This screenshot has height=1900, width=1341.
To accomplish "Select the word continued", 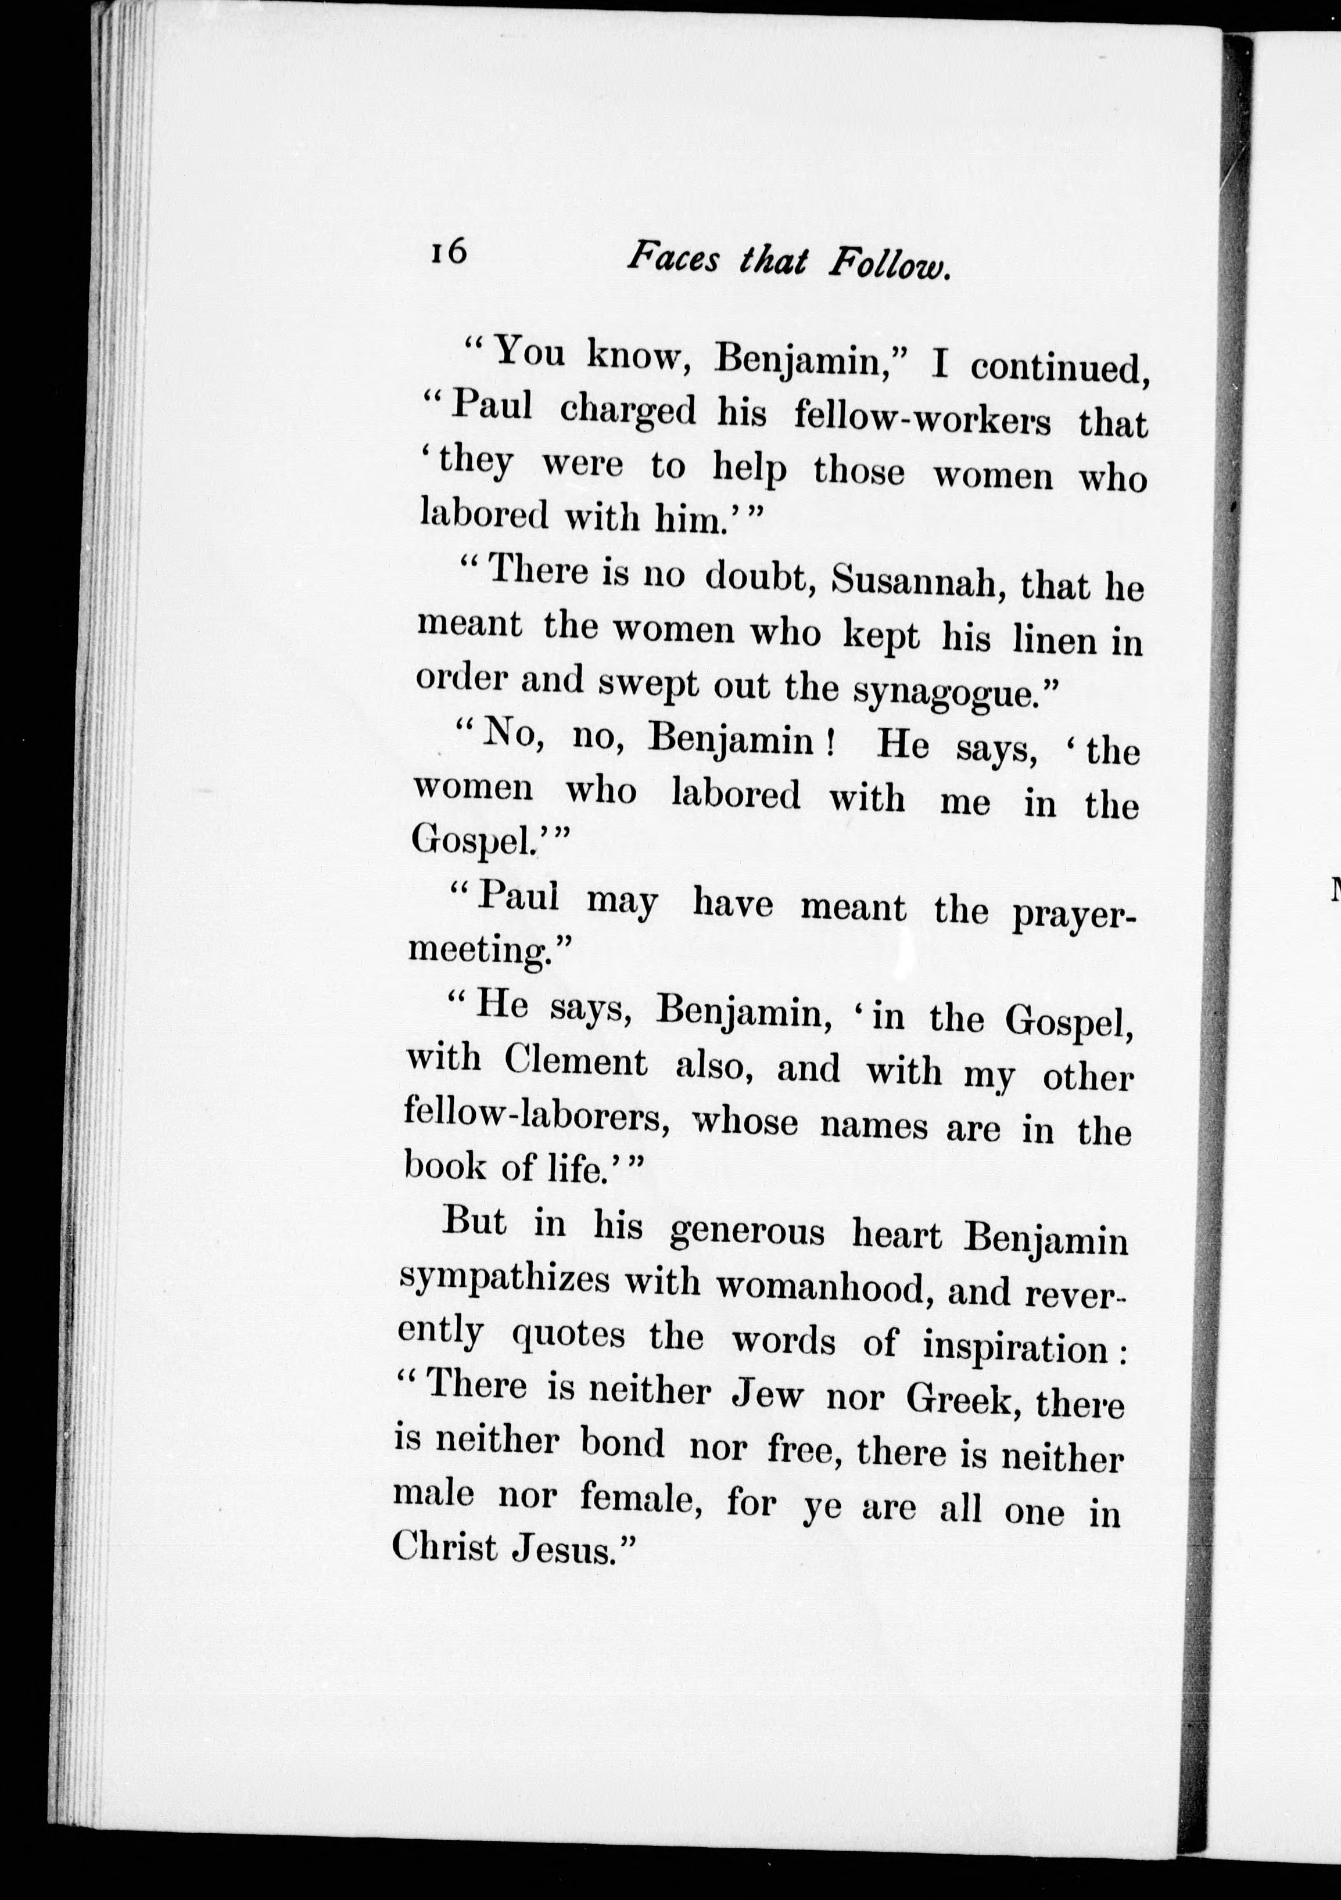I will [1060, 368].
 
